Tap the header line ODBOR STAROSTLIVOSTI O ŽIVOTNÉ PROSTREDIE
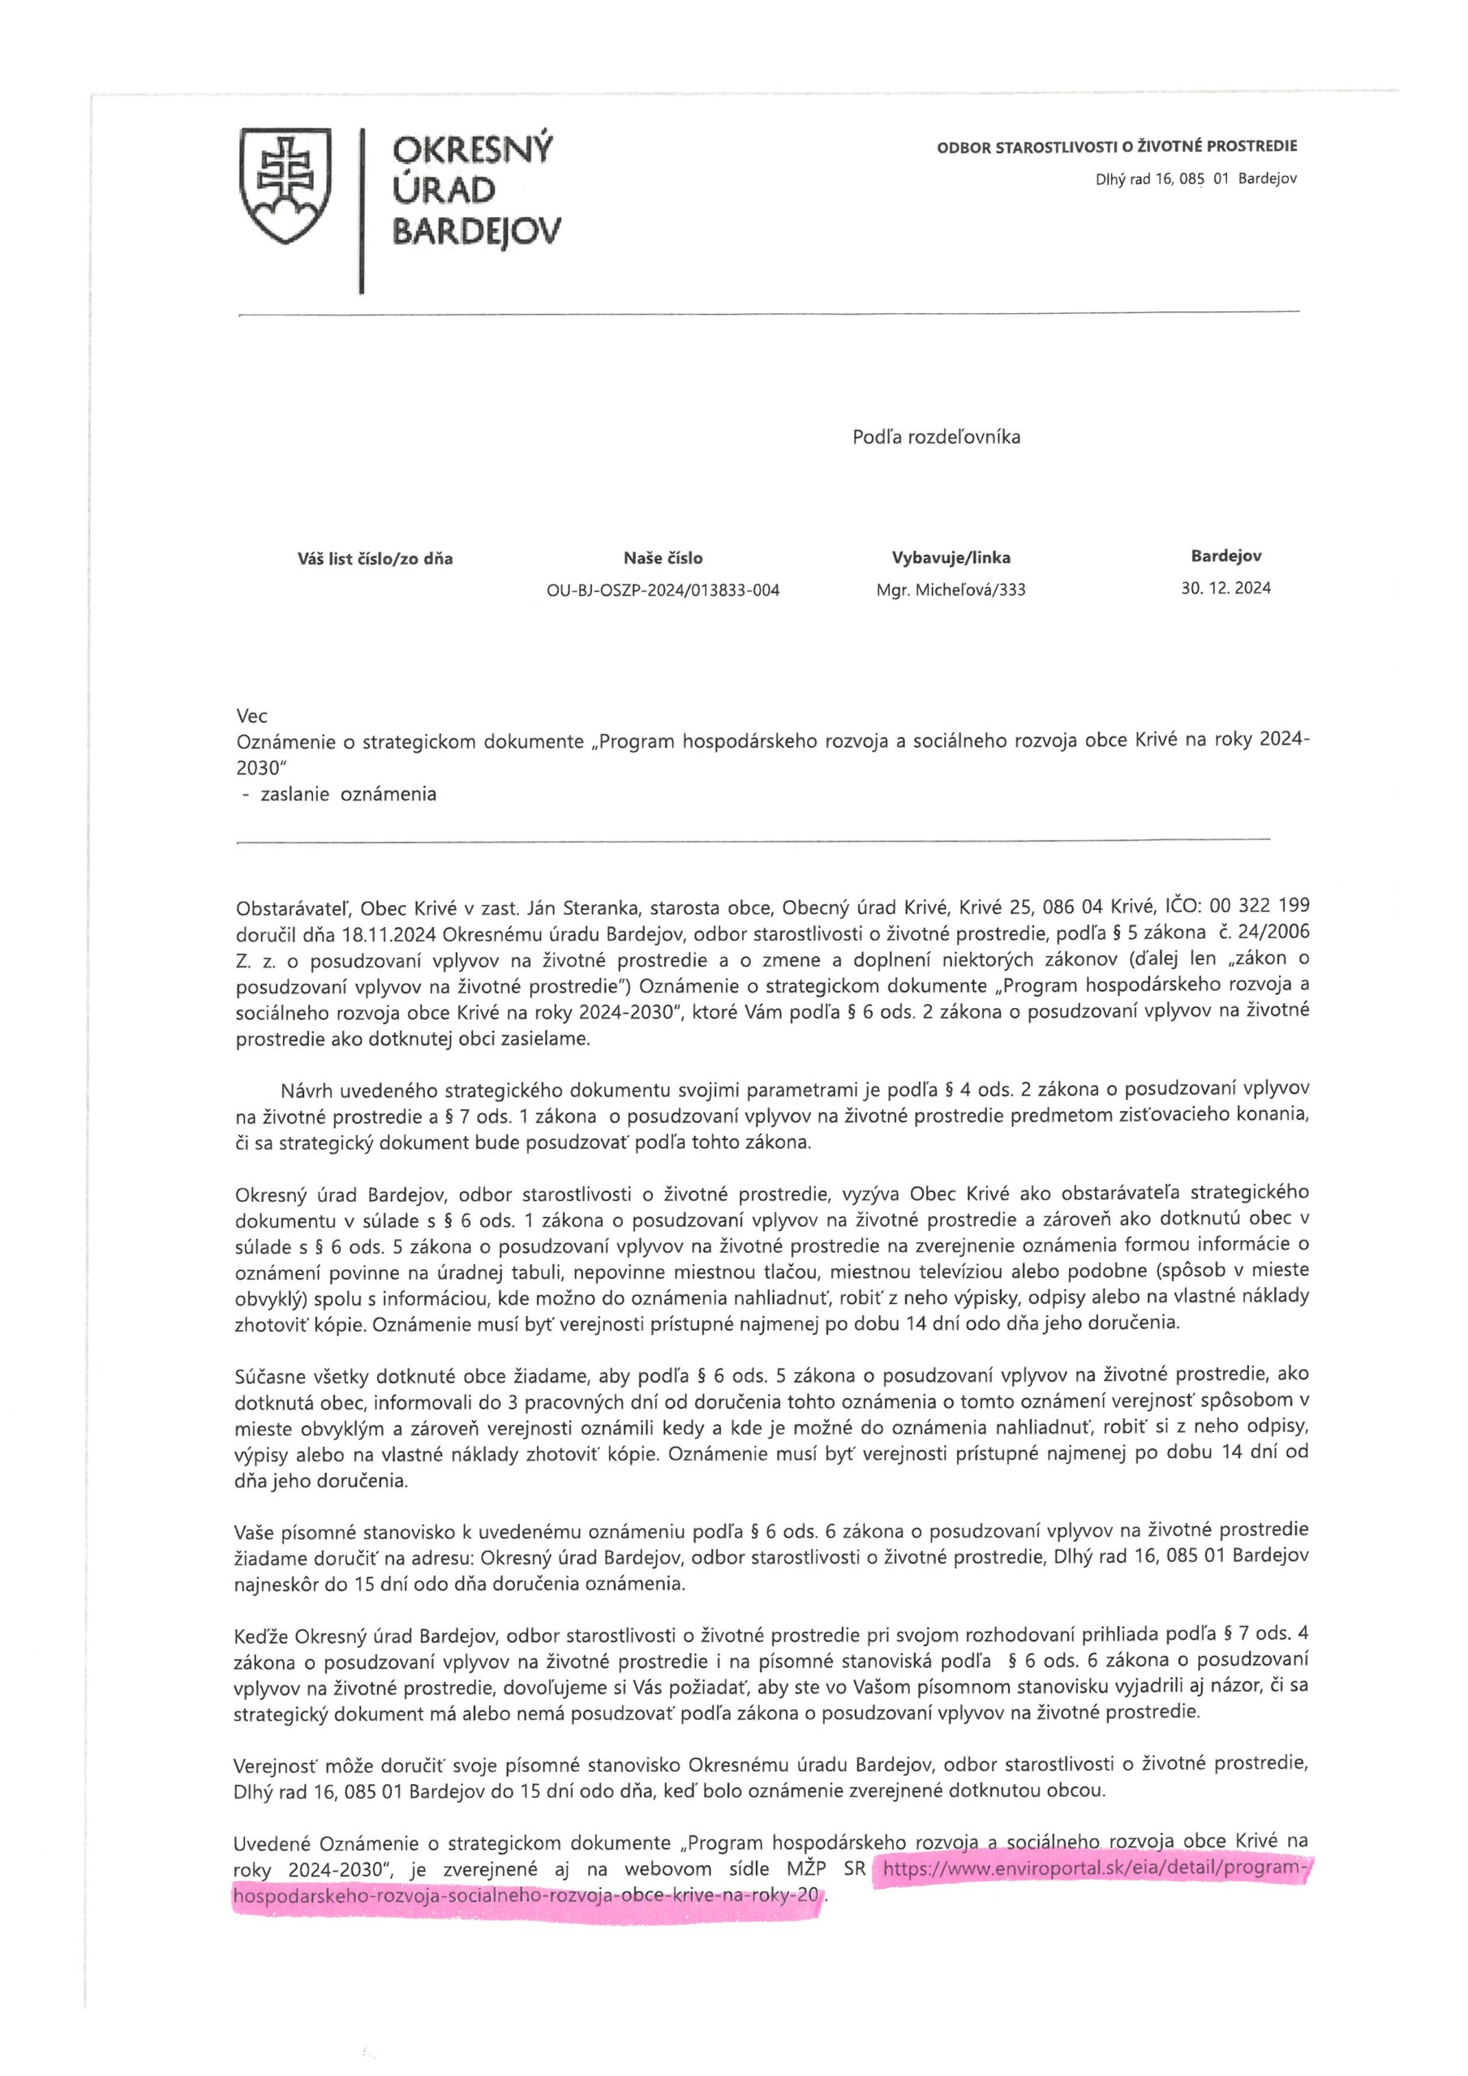[x=1116, y=146]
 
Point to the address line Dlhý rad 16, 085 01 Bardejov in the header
[x=1195, y=179]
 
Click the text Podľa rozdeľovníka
[x=936, y=438]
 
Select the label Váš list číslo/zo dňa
[x=375, y=559]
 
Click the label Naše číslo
[x=662, y=558]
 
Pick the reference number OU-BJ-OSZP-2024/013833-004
[x=662, y=591]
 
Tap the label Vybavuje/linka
[x=951, y=558]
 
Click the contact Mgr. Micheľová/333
[x=951, y=591]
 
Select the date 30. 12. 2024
[x=1225, y=589]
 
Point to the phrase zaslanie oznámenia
[x=347, y=795]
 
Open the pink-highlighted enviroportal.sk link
[x=1093, y=1869]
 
